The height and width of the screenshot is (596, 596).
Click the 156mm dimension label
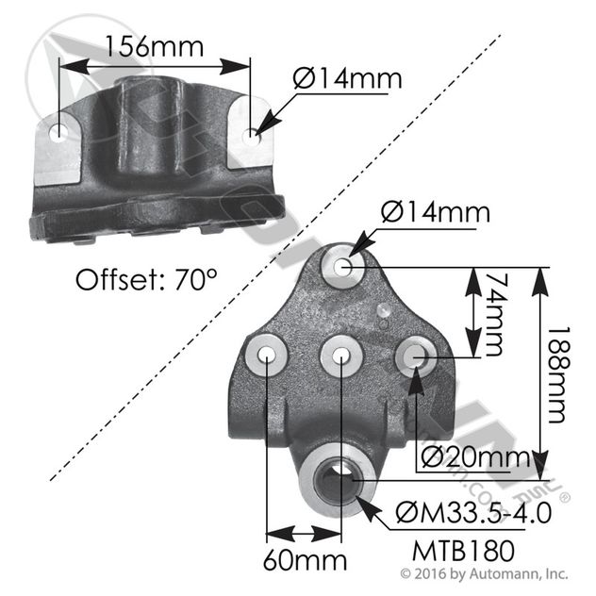(155, 44)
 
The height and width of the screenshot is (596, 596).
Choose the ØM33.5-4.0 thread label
(475, 514)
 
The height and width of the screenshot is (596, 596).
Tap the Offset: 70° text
(146, 280)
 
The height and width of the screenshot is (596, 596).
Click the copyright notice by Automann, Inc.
(484, 572)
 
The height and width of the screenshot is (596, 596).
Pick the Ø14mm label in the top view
(346, 77)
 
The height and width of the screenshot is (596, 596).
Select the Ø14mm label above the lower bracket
(436, 212)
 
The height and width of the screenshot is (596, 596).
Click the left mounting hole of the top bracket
(61, 132)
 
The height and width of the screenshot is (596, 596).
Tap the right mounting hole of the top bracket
(252, 137)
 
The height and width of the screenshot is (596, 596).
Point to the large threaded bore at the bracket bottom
(337, 480)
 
